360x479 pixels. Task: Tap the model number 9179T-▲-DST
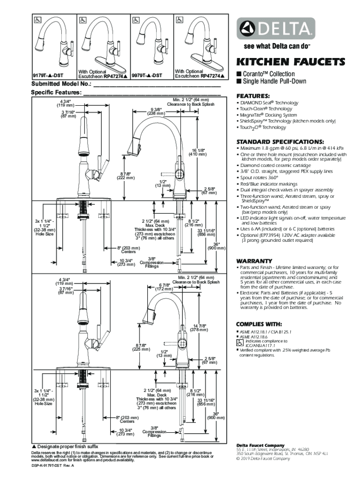48,75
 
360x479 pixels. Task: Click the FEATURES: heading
253,95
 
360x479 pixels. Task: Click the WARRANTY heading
254,261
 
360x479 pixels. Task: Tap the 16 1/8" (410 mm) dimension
197,152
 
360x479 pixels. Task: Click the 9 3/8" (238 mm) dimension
156,111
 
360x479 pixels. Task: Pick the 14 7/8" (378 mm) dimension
200,327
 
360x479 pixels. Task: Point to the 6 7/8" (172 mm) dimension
164,287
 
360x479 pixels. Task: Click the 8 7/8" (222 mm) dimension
126,176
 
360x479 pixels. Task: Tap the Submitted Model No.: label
61,84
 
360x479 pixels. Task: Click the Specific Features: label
56,93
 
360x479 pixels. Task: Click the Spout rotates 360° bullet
259,178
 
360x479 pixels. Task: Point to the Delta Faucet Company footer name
260,445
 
